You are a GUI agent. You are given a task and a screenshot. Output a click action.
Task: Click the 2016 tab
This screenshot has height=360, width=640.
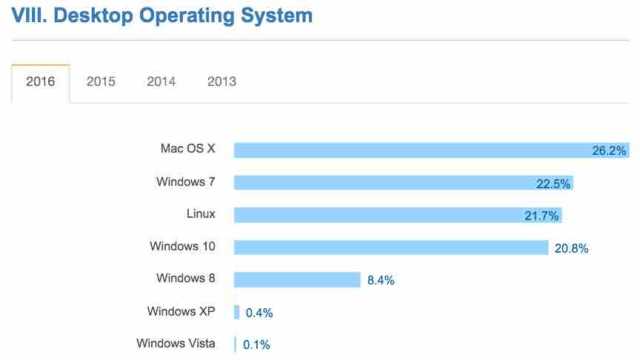click(40, 82)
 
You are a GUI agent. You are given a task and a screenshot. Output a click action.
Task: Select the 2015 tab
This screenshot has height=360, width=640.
click(100, 82)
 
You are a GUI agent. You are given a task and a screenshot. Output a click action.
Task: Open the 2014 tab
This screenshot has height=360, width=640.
click(161, 82)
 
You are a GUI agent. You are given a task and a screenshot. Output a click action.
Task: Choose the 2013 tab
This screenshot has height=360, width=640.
click(221, 82)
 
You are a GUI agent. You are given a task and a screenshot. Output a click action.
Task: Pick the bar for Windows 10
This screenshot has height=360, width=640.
click(390, 247)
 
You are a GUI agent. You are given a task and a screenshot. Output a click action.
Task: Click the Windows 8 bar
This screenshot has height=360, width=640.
click(296, 280)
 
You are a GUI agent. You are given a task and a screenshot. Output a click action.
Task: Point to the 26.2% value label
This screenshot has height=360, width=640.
click(608, 151)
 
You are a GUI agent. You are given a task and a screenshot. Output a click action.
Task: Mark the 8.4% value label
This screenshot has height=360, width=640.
click(381, 281)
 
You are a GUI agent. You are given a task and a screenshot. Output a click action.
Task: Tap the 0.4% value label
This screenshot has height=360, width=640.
click(259, 313)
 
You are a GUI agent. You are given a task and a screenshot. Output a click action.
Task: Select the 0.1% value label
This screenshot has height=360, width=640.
click(255, 345)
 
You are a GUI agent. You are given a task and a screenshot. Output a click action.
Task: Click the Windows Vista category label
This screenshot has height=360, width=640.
click(175, 344)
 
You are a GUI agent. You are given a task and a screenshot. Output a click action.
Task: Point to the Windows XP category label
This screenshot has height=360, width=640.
click(180, 311)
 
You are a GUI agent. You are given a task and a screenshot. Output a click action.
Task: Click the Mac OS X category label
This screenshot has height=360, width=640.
click(187, 149)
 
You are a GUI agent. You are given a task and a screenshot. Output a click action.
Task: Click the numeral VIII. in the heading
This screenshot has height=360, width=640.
click(24, 16)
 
